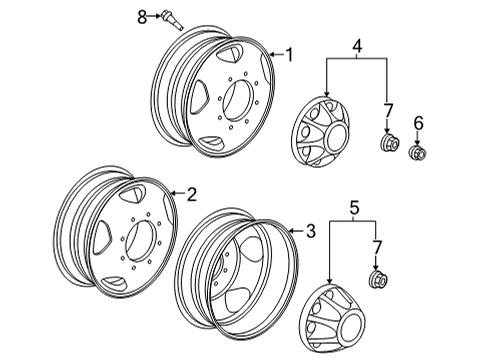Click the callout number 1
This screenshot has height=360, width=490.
(x=290, y=55)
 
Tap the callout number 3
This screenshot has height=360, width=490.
(x=310, y=232)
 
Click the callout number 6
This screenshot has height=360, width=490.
(x=418, y=123)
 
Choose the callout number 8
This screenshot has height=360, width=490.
(x=142, y=15)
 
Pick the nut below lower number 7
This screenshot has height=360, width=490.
(x=379, y=279)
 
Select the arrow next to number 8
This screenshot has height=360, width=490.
(x=156, y=16)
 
